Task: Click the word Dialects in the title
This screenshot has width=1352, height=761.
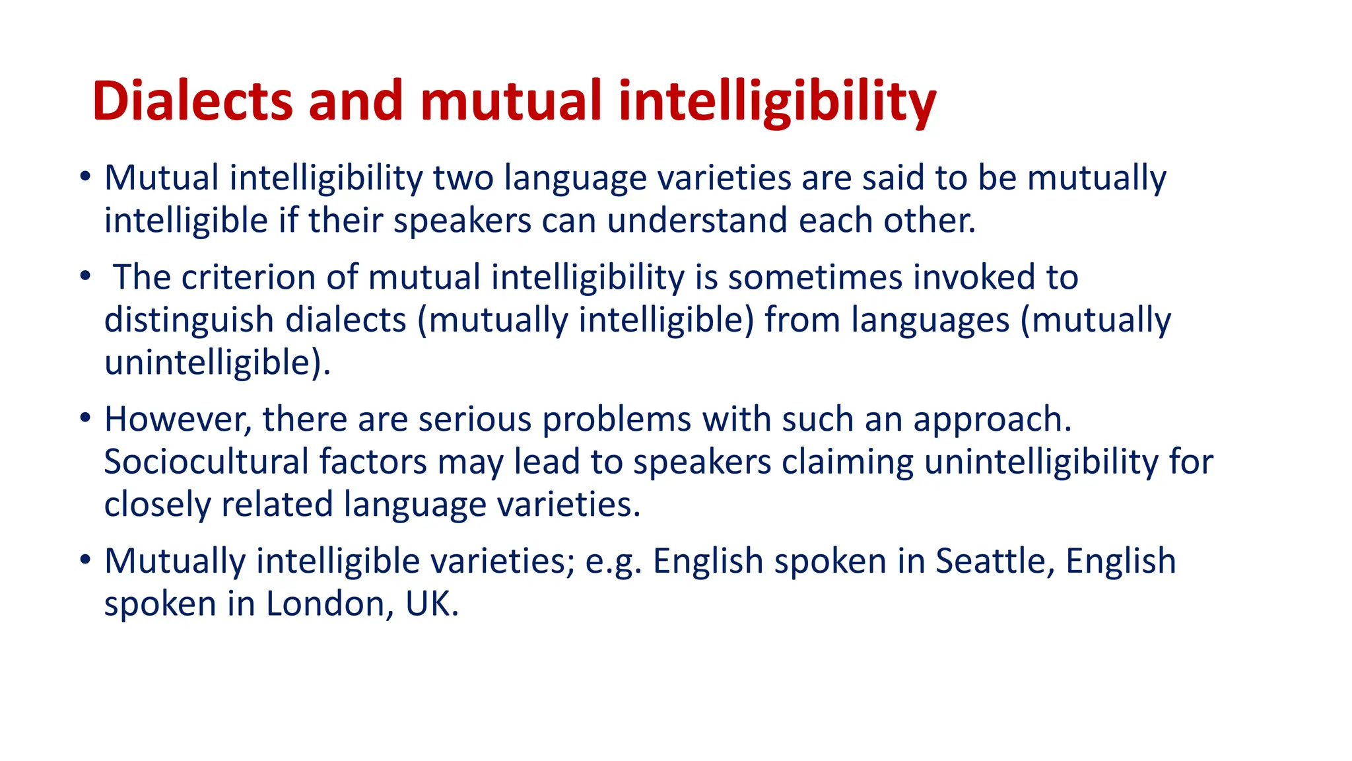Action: coord(192,101)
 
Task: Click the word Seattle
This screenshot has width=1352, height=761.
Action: coord(991,562)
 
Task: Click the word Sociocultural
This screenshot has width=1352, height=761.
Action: coord(206,462)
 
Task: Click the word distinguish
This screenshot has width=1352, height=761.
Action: coord(189,321)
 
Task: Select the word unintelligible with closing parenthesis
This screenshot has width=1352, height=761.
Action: coord(217,363)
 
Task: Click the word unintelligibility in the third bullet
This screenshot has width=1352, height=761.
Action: coord(1041,462)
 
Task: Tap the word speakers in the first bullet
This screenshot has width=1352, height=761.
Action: coord(462,221)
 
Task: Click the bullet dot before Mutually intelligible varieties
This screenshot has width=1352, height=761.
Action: coord(84,560)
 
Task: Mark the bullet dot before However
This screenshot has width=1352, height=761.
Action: coord(84,418)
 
